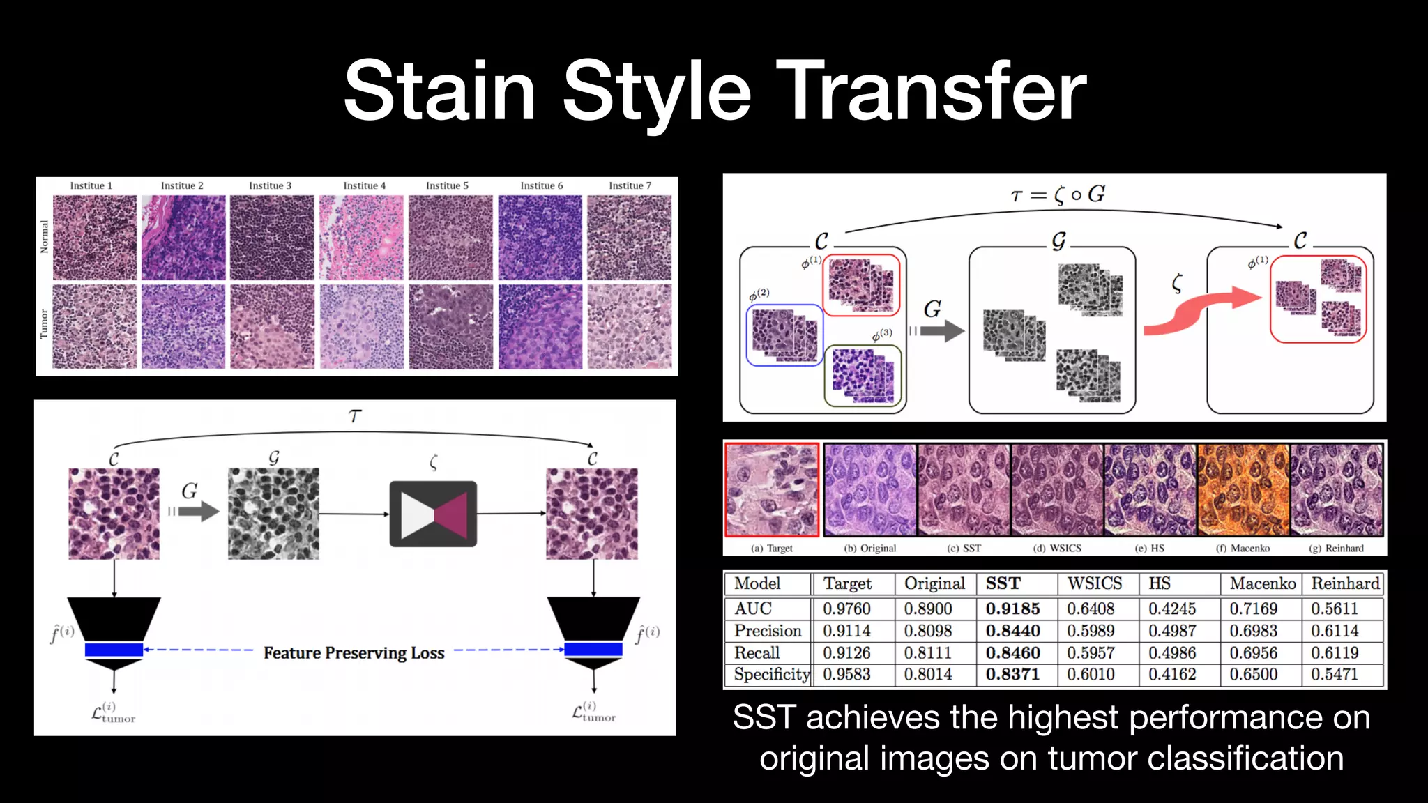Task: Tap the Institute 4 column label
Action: pos(364,185)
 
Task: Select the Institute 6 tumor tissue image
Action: pos(540,326)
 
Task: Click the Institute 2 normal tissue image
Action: pos(183,237)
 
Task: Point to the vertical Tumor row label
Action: pos(44,324)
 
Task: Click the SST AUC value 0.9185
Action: pos(1012,609)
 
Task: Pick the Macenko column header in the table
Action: pos(1262,583)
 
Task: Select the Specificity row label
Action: pos(770,674)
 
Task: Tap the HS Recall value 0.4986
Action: pos(1172,652)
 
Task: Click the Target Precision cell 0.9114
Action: pos(846,631)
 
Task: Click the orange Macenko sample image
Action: pos(1243,490)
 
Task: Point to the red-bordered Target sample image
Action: pos(772,490)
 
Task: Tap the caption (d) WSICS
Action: pos(1057,548)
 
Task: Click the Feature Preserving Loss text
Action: pos(354,653)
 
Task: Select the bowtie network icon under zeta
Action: pos(433,514)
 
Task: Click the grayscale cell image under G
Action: pos(273,514)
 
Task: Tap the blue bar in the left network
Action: pos(114,650)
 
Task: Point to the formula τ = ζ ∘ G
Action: pos(1057,194)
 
